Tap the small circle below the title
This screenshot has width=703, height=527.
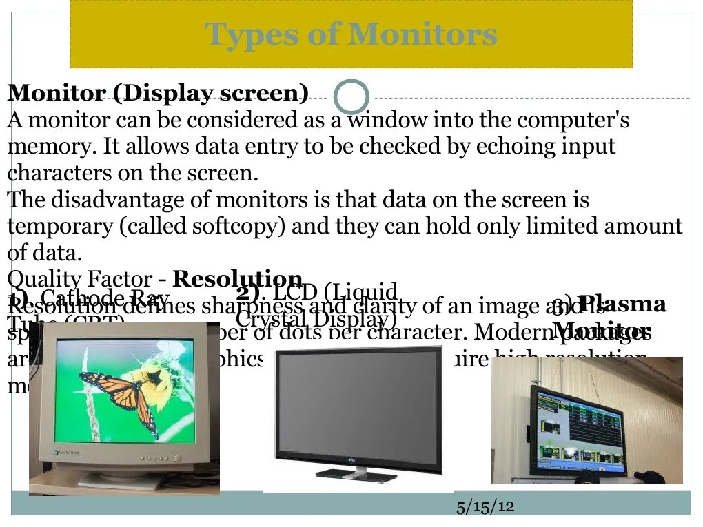pos(351,97)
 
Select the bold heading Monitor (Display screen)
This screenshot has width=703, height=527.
pos(158,92)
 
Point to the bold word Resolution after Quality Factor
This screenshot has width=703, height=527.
pos(237,278)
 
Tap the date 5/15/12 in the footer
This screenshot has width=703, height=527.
pos(485,506)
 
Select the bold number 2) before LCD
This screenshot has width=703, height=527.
pos(247,292)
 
